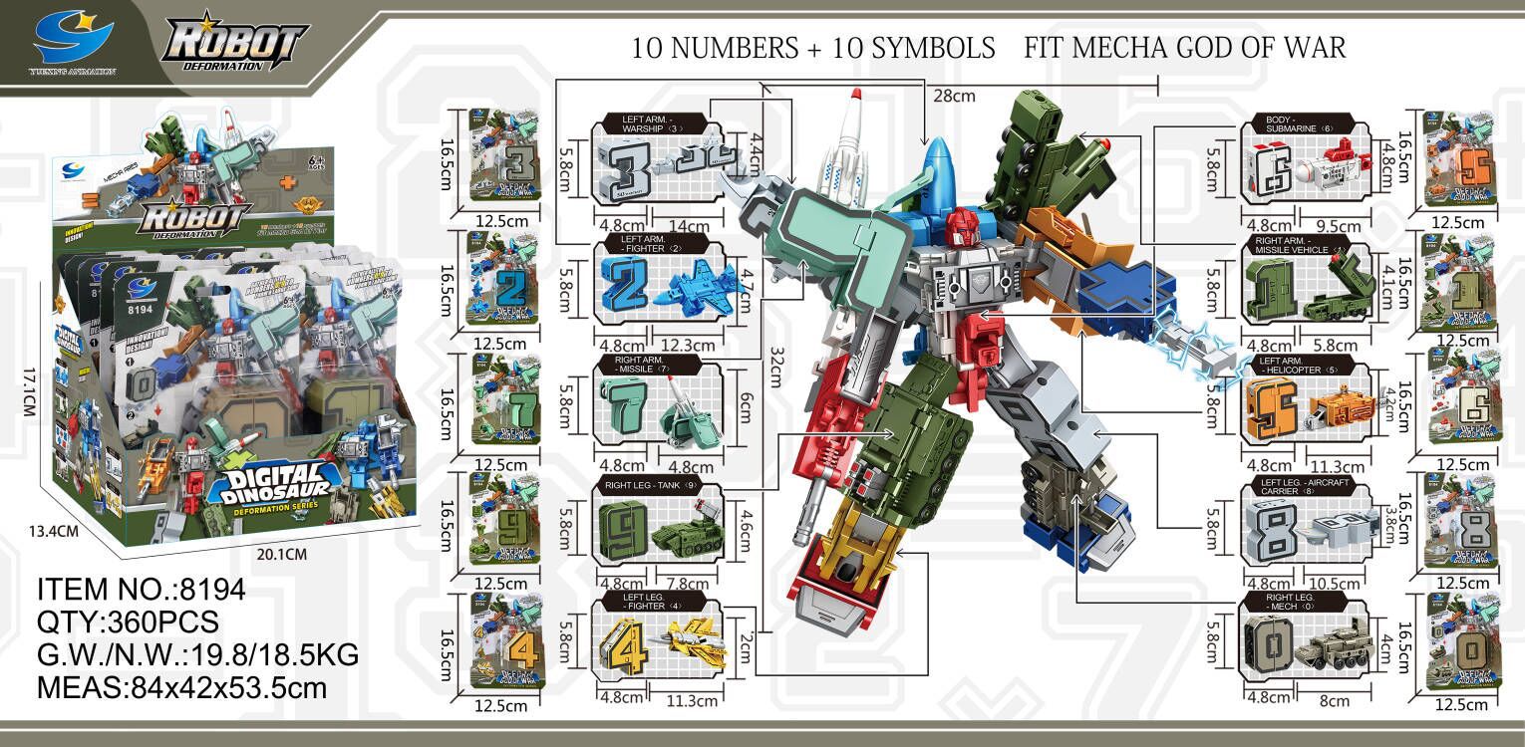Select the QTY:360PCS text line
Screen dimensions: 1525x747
128,622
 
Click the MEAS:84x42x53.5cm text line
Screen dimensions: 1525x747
183,688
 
